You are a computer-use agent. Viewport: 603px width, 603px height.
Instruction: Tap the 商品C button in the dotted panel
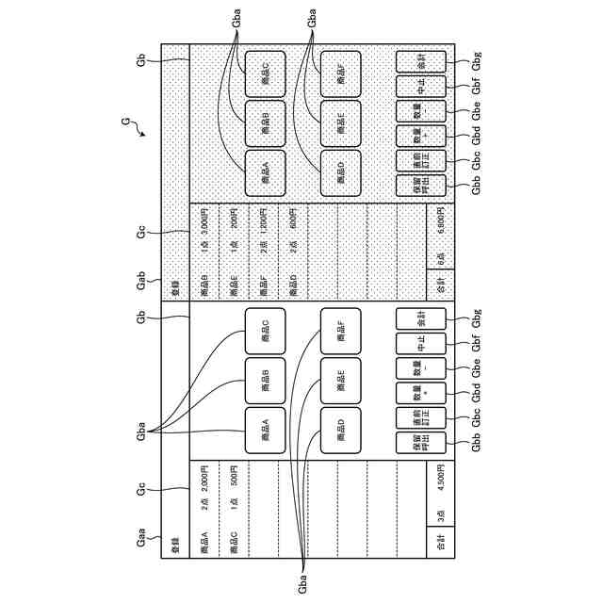point(266,74)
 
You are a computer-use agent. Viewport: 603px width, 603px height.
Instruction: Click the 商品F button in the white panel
point(340,333)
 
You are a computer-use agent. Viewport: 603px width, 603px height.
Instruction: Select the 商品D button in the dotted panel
point(340,172)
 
